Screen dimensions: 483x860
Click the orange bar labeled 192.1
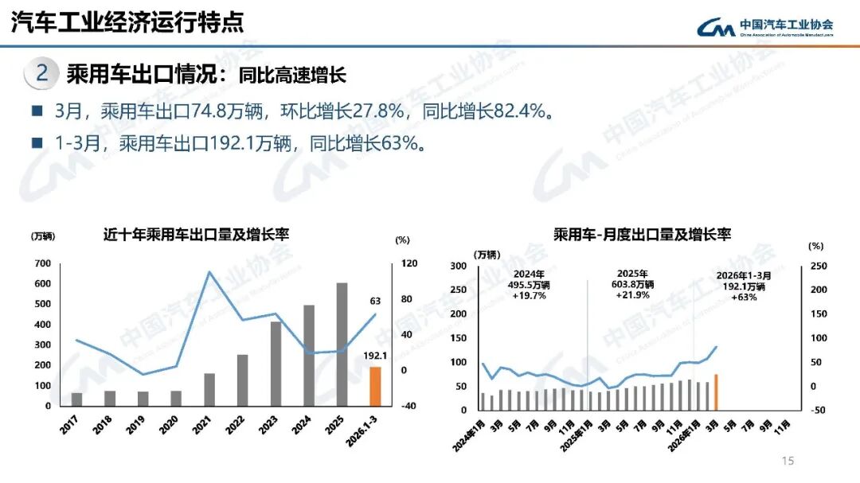tap(374, 386)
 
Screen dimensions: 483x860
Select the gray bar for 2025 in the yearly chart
tap(341, 345)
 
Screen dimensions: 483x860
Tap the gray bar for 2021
tap(209, 389)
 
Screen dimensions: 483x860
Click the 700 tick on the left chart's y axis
tap(42, 263)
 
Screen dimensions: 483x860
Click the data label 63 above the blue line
tap(375, 301)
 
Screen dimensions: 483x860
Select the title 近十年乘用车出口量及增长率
tap(196, 235)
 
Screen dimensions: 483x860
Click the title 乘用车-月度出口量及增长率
tap(642, 234)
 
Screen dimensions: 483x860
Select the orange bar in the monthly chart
tap(716, 391)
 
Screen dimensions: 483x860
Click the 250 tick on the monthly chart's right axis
tap(818, 266)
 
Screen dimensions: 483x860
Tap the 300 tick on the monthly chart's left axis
tap(458, 266)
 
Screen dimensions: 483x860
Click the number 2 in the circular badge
tap(42, 74)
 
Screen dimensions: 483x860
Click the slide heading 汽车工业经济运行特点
tap(127, 22)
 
